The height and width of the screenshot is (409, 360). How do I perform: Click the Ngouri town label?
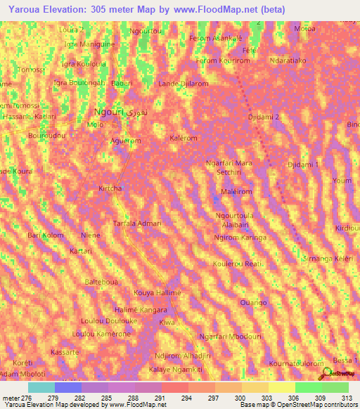pyautogui.click(x=110, y=112)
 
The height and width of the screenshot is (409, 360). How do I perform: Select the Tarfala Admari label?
pyautogui.click(x=138, y=223)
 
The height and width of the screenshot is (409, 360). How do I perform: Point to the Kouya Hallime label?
pyautogui.click(x=157, y=292)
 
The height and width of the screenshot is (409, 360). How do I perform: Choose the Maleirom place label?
pyautogui.click(x=237, y=191)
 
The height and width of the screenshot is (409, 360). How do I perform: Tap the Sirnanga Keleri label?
pyautogui.click(x=326, y=259)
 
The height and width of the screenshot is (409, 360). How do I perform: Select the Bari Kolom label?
pyautogui.click(x=46, y=235)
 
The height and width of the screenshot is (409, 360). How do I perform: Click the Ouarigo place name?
pyautogui.click(x=253, y=302)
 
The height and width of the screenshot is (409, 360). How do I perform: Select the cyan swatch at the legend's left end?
pyautogui.click(x=41, y=387)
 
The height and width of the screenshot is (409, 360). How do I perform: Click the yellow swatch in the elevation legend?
pyautogui.click(x=281, y=387)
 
